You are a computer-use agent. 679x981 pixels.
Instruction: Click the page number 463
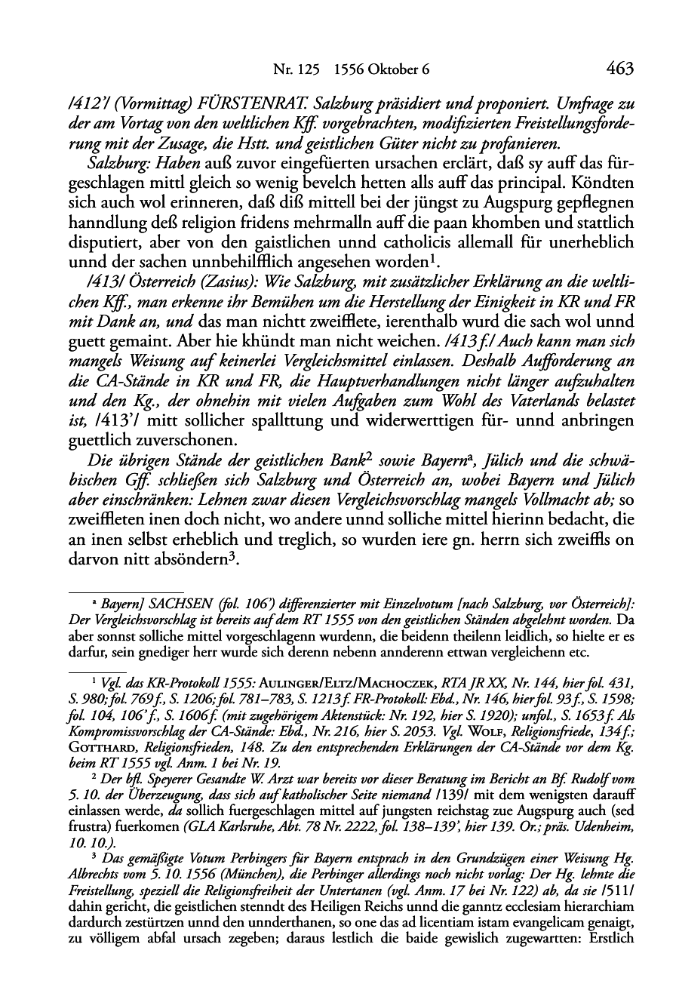pos(620,69)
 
